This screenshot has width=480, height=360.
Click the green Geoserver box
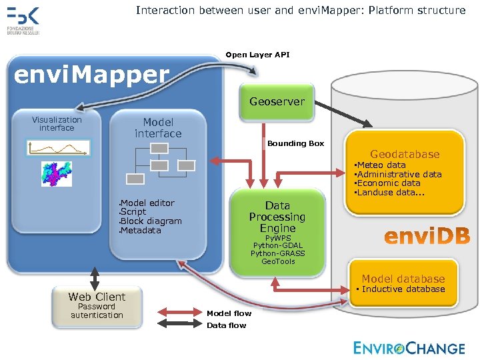click(x=277, y=102)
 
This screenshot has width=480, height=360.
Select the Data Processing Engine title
click(x=277, y=217)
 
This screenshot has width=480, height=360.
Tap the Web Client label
click(x=97, y=297)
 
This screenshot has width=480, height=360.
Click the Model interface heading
click(x=158, y=127)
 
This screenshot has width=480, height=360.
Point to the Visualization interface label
click(x=57, y=123)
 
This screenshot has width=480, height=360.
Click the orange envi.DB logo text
click(x=427, y=236)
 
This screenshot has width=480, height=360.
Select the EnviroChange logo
click(x=409, y=348)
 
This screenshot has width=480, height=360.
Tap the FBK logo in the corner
click(x=23, y=19)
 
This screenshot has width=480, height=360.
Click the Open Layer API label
click(x=257, y=55)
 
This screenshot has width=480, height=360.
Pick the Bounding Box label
click(x=295, y=143)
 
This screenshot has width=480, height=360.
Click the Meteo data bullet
click(x=380, y=165)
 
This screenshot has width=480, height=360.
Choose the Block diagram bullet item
click(x=151, y=221)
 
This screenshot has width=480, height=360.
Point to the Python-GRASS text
click(x=277, y=253)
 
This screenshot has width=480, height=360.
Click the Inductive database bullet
click(x=402, y=289)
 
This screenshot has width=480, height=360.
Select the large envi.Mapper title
click(x=92, y=75)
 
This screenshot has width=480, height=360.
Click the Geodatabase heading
click(x=405, y=154)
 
